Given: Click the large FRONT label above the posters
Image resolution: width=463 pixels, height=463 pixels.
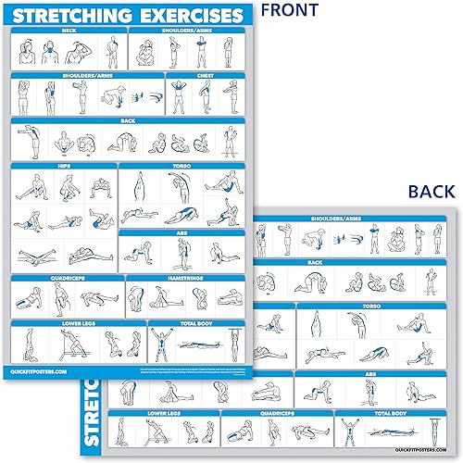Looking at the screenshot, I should click(x=288, y=11).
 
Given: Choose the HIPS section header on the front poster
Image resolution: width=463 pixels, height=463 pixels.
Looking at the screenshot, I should click(x=62, y=167).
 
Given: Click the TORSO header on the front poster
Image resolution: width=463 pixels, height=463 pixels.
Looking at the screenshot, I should click(x=181, y=167).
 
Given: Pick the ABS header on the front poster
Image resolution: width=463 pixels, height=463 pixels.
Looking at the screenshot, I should click(x=181, y=234).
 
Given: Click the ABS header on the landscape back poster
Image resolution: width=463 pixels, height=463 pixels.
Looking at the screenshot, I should click(x=371, y=376).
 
